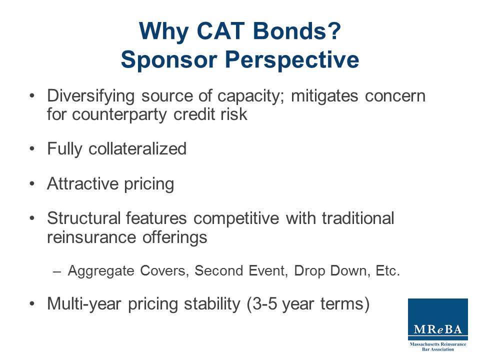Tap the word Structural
(83, 218)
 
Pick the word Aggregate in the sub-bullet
(93, 271)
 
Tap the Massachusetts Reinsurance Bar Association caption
(438, 346)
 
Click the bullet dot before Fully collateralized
(32, 149)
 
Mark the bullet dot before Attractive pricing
(32, 184)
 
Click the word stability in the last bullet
(210, 304)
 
